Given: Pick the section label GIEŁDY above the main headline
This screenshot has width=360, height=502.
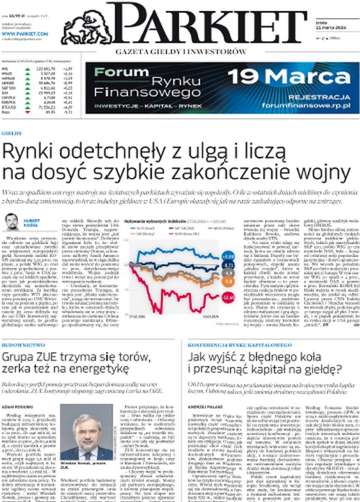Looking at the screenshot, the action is click(12, 133).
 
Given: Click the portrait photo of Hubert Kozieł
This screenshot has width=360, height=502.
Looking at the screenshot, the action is click(12, 224).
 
